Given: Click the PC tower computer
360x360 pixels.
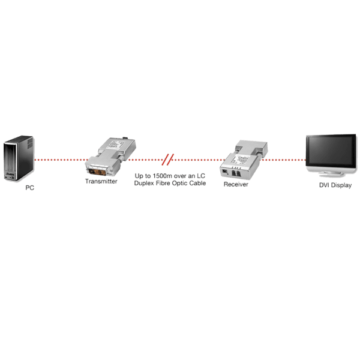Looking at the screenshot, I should pos(17,159).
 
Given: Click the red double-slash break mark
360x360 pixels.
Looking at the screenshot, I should pos(170,160).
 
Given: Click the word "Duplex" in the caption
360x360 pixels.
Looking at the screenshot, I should pos(145,183).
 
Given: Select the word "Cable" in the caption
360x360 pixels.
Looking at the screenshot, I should pos(196,183).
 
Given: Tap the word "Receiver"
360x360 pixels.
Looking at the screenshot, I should pos(236,184).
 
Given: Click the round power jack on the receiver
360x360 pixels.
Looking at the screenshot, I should pos(223,171).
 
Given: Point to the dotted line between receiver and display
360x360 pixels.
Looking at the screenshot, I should pos(282,160).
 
